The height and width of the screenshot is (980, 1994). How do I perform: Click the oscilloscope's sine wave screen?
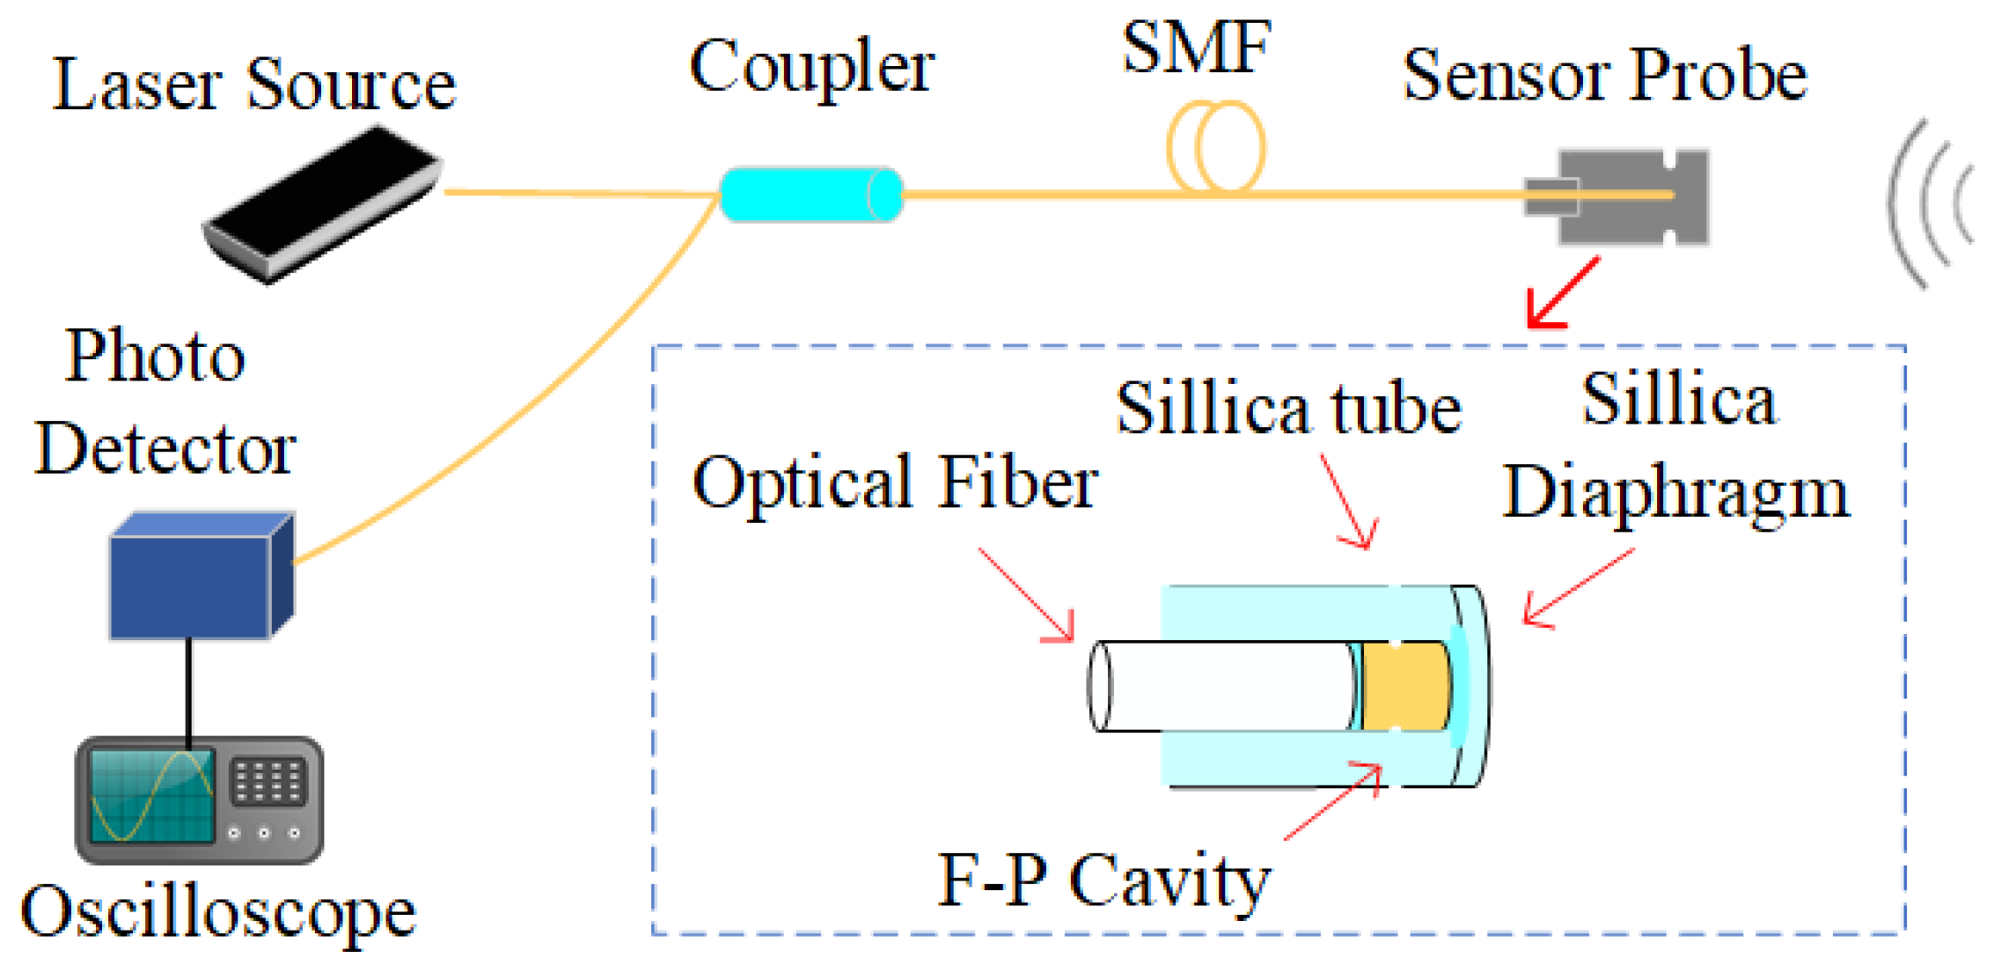(x=151, y=796)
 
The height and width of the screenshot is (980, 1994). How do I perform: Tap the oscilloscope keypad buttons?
(x=268, y=781)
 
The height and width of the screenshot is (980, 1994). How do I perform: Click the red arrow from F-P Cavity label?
(x=1333, y=801)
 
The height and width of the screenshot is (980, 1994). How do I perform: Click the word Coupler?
(x=810, y=69)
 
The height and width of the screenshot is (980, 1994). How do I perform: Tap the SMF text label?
(x=1196, y=48)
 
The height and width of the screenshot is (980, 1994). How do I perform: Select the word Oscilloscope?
(x=217, y=913)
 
